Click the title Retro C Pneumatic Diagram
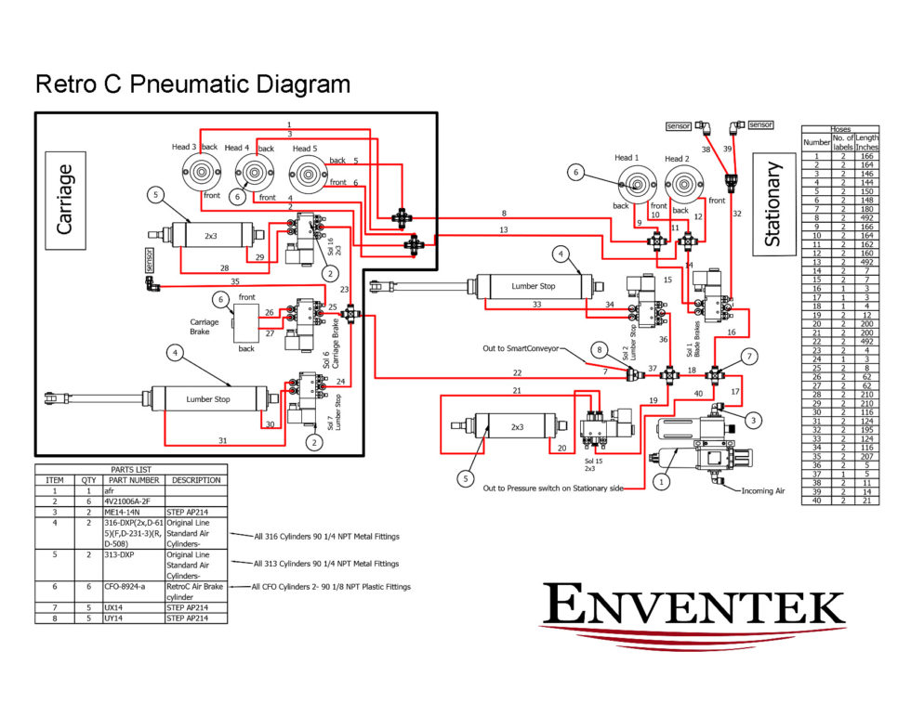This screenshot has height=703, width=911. coord(192,85)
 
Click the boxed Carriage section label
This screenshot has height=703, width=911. coord(65,200)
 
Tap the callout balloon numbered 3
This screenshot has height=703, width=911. coord(754,420)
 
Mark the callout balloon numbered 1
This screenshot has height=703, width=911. coord(662,482)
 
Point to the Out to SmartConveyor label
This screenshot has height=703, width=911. coord(521,348)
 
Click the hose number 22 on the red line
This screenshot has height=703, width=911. coord(517,372)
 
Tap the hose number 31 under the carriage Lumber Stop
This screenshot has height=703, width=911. coord(223,440)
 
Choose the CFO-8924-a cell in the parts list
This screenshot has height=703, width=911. coord(133,587)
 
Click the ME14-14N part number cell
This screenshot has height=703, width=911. coord(133,511)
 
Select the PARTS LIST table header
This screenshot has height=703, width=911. coord(130,469)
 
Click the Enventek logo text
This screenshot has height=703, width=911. coord(693,604)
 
